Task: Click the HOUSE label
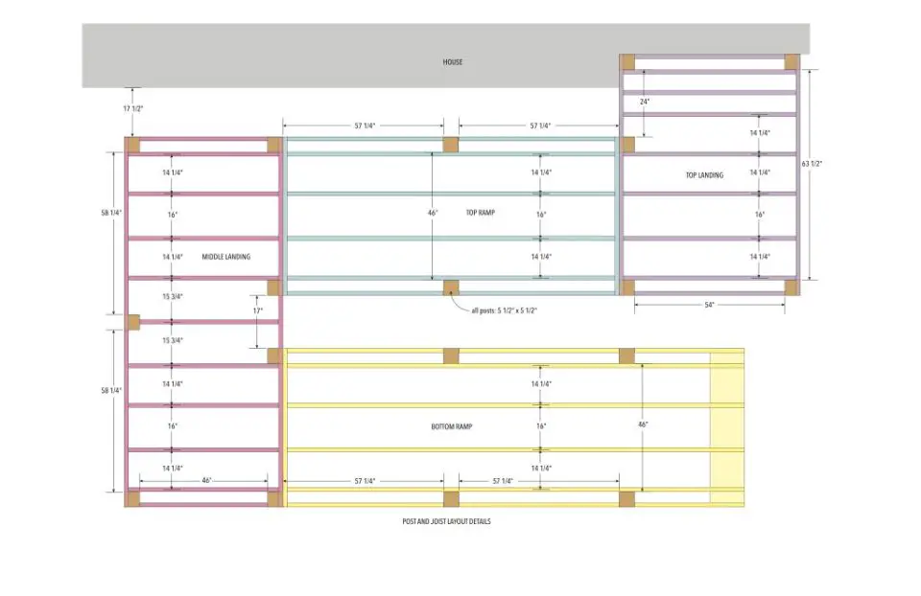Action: tap(452, 61)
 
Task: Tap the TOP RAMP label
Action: tap(481, 213)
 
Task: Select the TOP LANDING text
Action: tap(704, 174)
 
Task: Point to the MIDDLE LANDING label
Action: tap(226, 257)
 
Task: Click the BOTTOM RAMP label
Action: tap(452, 426)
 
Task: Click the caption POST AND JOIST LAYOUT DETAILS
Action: tap(446, 521)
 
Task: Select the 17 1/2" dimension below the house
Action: tap(133, 108)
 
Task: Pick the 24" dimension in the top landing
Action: tap(645, 102)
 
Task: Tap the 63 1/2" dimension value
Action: tap(812, 164)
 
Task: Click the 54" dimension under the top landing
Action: tap(710, 305)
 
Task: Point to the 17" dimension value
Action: tap(258, 310)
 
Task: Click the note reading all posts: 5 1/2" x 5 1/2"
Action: tap(505, 310)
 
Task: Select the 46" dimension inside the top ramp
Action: tap(433, 213)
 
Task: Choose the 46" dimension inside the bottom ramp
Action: tap(643, 424)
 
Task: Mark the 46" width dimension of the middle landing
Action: tap(207, 480)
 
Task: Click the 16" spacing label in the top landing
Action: tap(760, 215)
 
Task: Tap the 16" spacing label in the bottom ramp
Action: tap(541, 426)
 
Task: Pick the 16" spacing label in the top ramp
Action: tap(541, 215)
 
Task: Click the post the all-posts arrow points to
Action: tap(451, 287)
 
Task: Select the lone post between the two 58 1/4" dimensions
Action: tap(132, 322)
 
